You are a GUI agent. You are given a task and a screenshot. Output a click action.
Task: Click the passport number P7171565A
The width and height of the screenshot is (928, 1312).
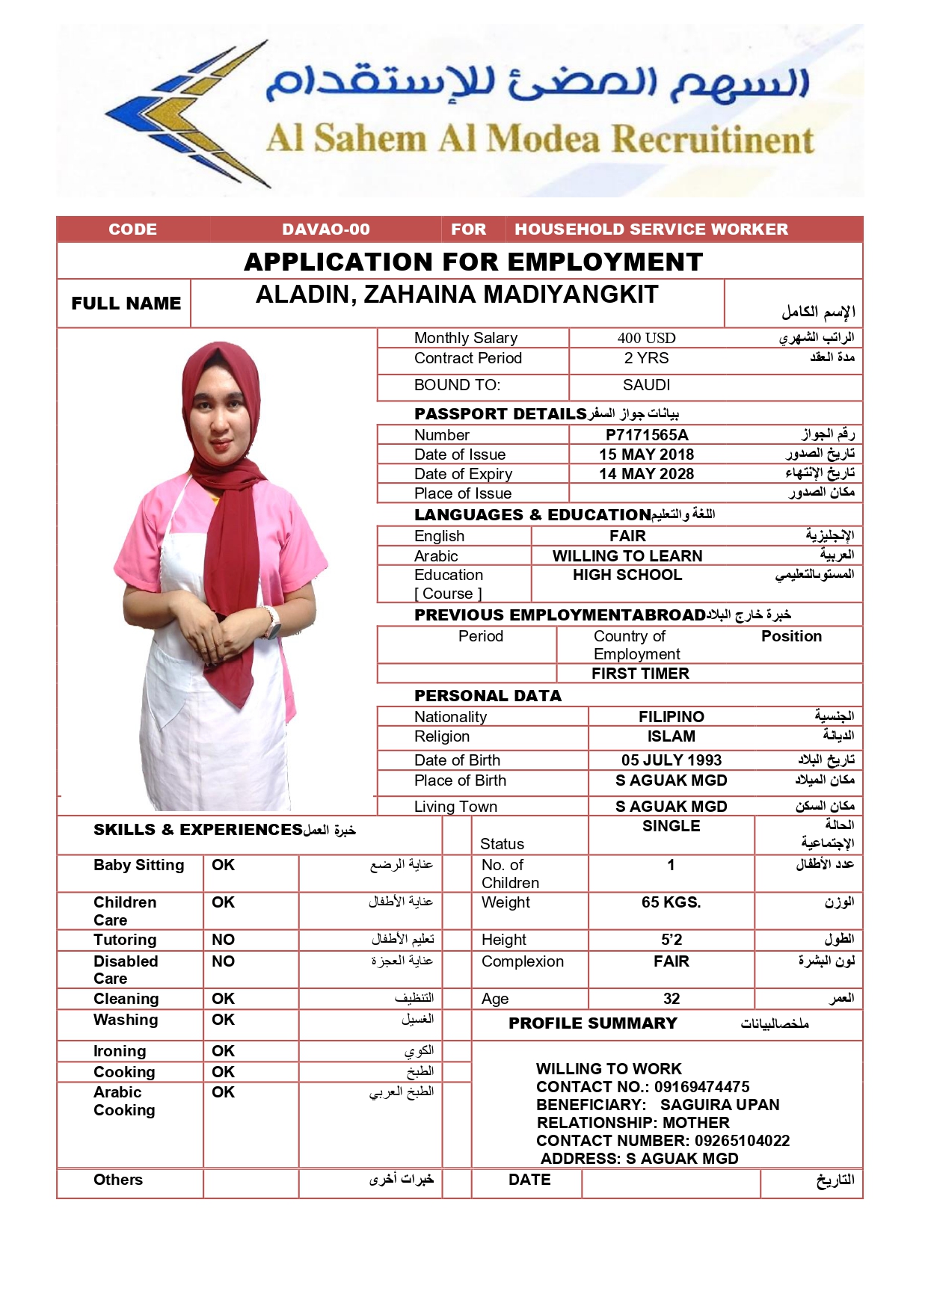coord(646,434)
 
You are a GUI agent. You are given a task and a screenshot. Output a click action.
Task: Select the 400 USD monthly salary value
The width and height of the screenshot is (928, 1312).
coord(646,338)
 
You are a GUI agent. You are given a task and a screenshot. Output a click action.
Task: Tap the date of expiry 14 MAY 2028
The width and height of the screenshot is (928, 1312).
coord(646,474)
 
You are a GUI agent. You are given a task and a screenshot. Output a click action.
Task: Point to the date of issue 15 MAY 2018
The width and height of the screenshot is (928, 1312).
coord(646,455)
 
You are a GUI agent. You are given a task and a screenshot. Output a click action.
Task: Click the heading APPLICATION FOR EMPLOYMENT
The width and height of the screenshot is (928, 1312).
coord(473,262)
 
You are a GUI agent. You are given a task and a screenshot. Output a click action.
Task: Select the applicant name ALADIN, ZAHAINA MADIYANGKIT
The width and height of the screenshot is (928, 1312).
coord(457,295)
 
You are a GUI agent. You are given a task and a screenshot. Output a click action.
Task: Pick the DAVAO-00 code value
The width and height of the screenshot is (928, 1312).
coord(326,230)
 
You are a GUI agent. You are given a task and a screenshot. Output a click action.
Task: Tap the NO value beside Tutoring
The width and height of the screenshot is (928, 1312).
coord(223,940)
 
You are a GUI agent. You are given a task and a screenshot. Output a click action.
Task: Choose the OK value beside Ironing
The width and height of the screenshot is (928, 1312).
coord(223,1051)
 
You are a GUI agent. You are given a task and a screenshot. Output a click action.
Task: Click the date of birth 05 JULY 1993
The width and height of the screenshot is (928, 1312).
coord(672,760)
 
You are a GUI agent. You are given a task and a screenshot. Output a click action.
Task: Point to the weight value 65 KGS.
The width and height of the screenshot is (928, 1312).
coord(672,902)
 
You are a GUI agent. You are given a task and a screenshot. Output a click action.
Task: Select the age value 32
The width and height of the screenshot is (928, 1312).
coord(672,999)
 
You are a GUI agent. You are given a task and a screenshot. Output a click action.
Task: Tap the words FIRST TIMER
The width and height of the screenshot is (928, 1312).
coord(640,674)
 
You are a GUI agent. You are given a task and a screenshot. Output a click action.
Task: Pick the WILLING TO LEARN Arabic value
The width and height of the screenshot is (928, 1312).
coord(627,556)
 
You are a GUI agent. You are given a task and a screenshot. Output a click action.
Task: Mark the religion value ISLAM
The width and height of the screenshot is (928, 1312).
coord(672,736)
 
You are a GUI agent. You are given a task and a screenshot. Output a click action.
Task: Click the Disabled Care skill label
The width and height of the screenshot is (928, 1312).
coord(126,970)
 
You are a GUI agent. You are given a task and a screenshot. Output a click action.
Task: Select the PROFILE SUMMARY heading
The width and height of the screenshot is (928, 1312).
coord(592,1023)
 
